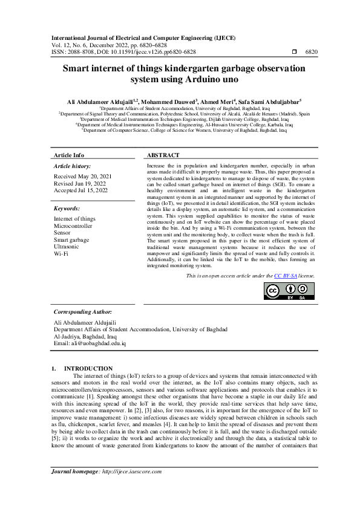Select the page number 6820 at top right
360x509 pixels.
(x=311, y=53)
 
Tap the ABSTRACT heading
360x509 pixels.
(x=163, y=155)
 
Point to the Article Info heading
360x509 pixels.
(x=70, y=155)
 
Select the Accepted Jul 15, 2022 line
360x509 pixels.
(x=81, y=190)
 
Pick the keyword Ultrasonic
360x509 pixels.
(x=67, y=247)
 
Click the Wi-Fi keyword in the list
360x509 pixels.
(x=61, y=254)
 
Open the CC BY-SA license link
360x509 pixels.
(x=286, y=276)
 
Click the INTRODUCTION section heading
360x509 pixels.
(x=88, y=368)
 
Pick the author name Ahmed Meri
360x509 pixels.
(x=231, y=102)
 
